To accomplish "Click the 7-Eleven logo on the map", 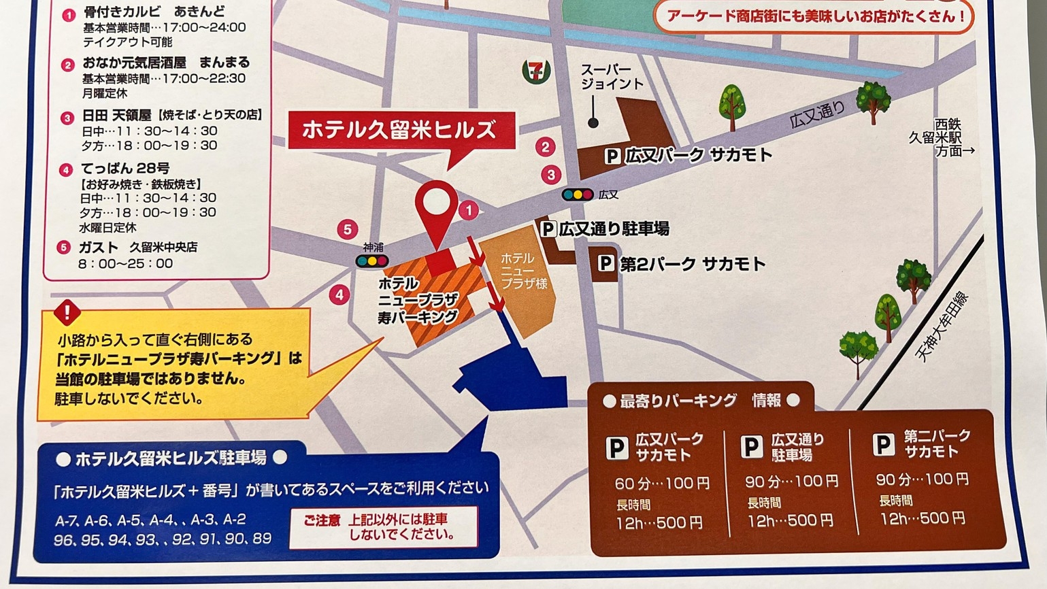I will (x=535, y=71).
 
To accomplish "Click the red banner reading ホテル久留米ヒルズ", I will (x=399, y=129).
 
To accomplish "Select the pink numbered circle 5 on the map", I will (x=348, y=229).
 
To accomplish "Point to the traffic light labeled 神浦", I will (x=372, y=260).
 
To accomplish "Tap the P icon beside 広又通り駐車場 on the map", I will (x=548, y=229).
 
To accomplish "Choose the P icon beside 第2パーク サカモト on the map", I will (x=605, y=263).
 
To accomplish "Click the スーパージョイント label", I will (x=611, y=76).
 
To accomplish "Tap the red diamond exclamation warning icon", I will (x=67, y=313).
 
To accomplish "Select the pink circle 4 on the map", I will (x=339, y=294).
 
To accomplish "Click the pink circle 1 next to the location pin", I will (x=468, y=210).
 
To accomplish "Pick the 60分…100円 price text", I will (x=661, y=484).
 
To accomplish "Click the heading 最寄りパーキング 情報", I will (x=700, y=401).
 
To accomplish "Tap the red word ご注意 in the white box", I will (x=322, y=520).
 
